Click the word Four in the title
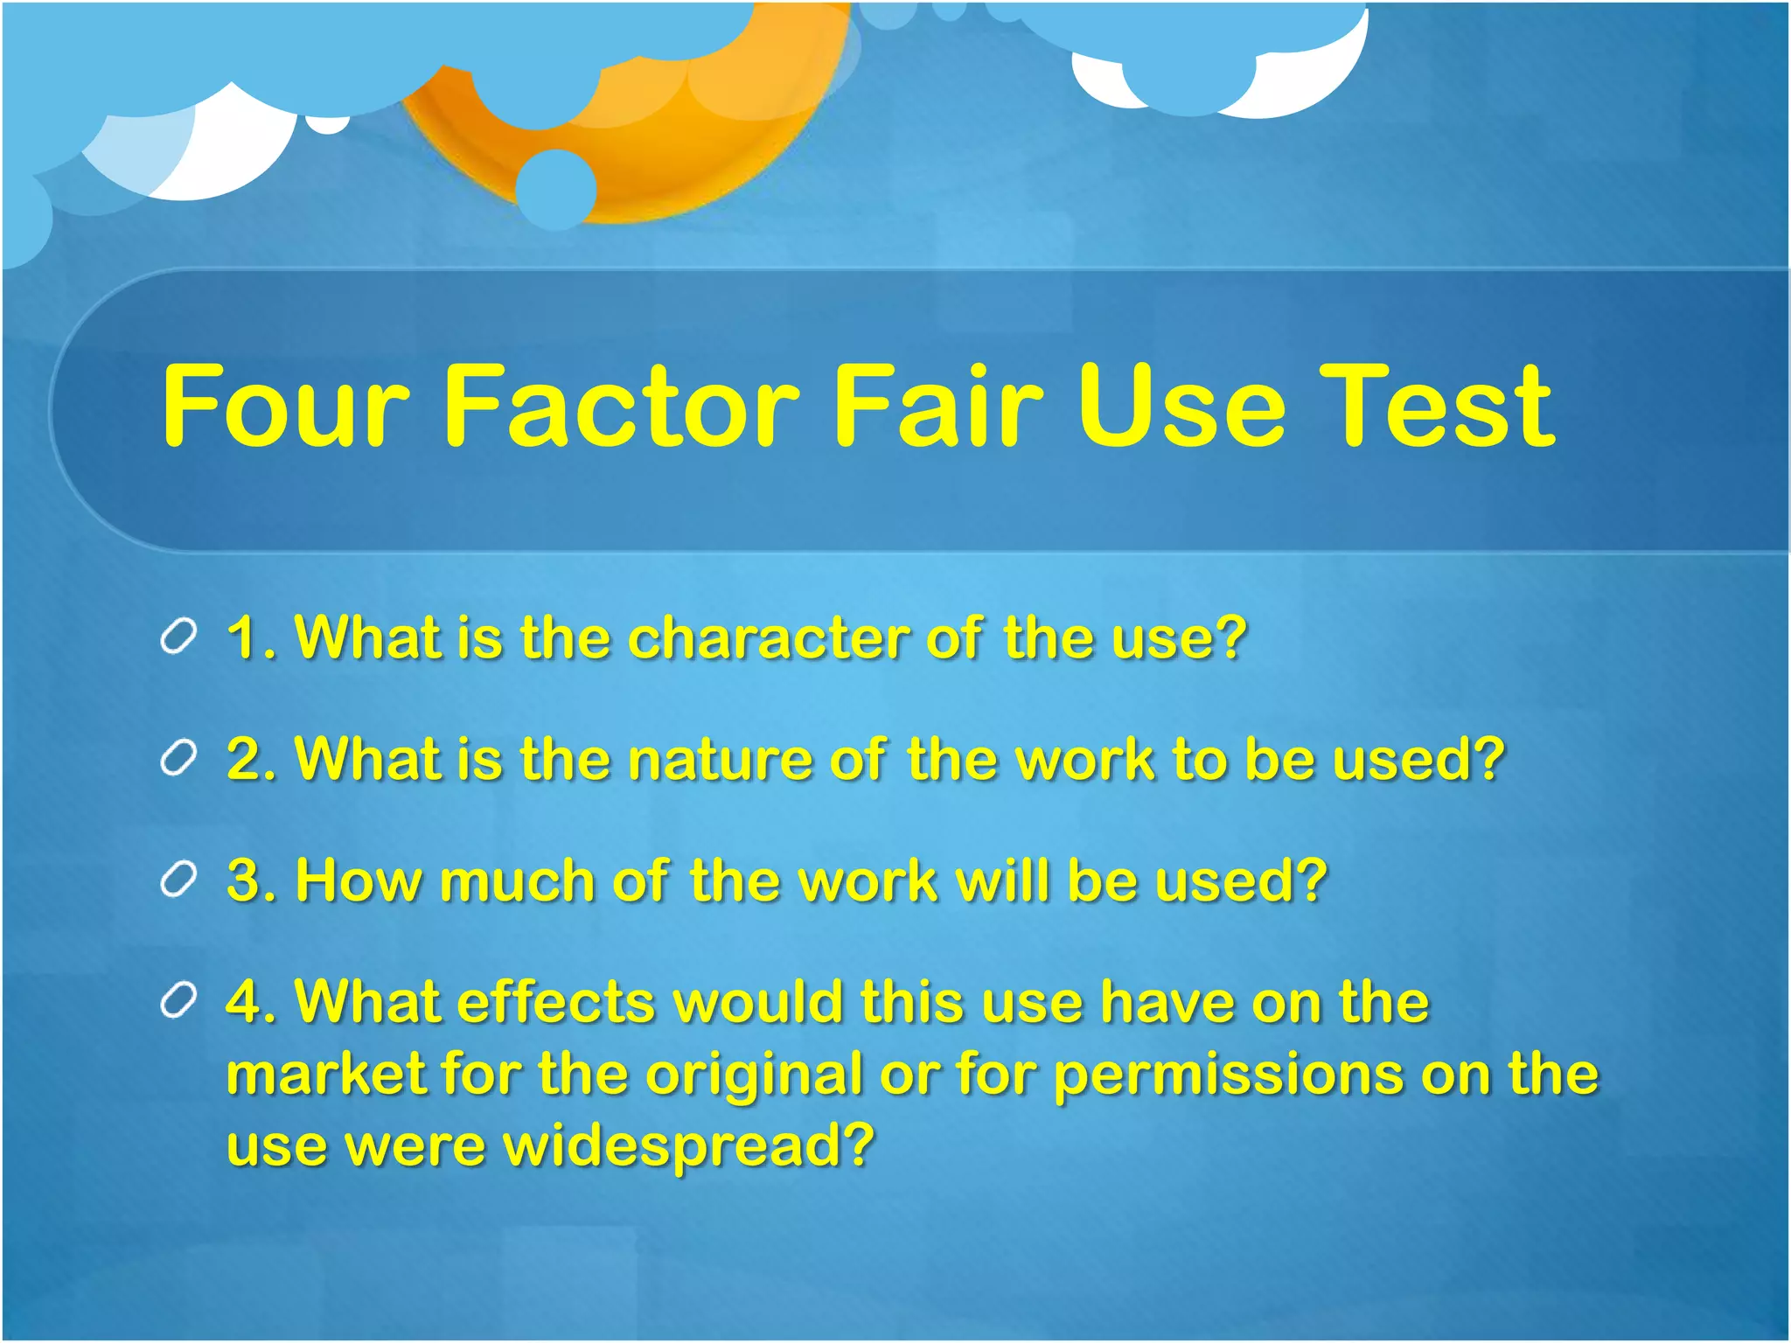[x=285, y=407]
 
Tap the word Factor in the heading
[x=621, y=407]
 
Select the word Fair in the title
[x=939, y=407]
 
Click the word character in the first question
[x=768, y=638]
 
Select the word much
[x=516, y=880]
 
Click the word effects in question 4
[x=555, y=1002]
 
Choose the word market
[x=324, y=1075]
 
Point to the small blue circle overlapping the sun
[x=556, y=189]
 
